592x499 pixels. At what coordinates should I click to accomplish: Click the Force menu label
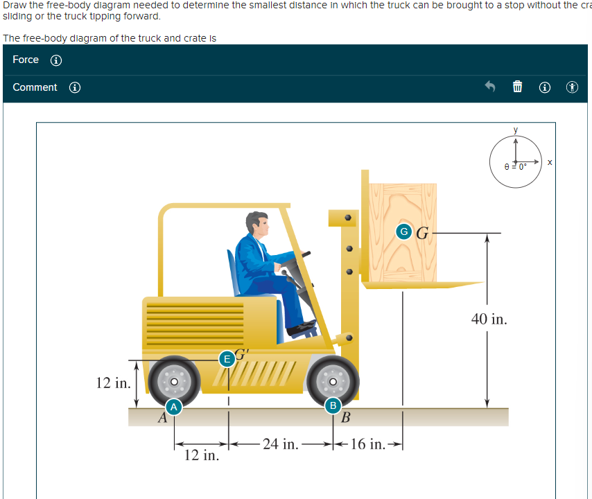pos(26,60)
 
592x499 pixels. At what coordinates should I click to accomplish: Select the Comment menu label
pos(35,87)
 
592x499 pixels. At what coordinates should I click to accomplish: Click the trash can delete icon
pos(516,87)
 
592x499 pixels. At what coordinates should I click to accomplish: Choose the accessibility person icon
pos(571,87)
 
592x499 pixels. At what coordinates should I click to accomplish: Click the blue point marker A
pos(175,405)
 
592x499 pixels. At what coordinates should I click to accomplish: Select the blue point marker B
pos(333,405)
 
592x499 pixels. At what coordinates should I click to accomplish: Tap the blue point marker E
pos(226,358)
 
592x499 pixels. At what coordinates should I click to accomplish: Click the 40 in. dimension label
pos(489,319)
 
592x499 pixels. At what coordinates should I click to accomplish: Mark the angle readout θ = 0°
pos(515,166)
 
